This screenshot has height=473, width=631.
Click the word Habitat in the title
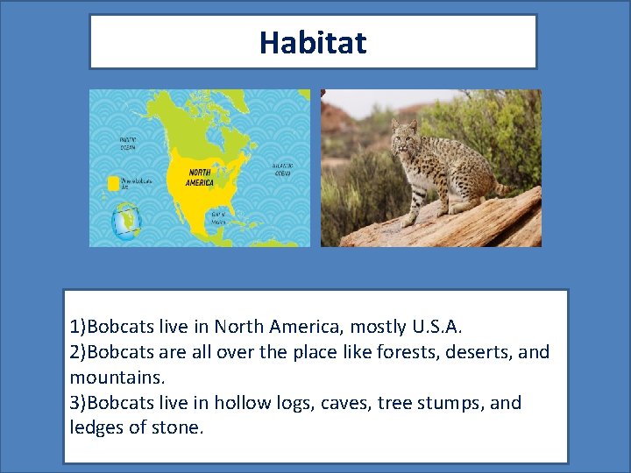coord(313,42)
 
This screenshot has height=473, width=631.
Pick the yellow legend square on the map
coord(113,183)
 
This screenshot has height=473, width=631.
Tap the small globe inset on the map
coord(125,221)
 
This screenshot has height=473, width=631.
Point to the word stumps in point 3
coord(449,403)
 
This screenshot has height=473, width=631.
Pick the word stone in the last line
coord(178,428)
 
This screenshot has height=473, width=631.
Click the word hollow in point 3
coord(243,403)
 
